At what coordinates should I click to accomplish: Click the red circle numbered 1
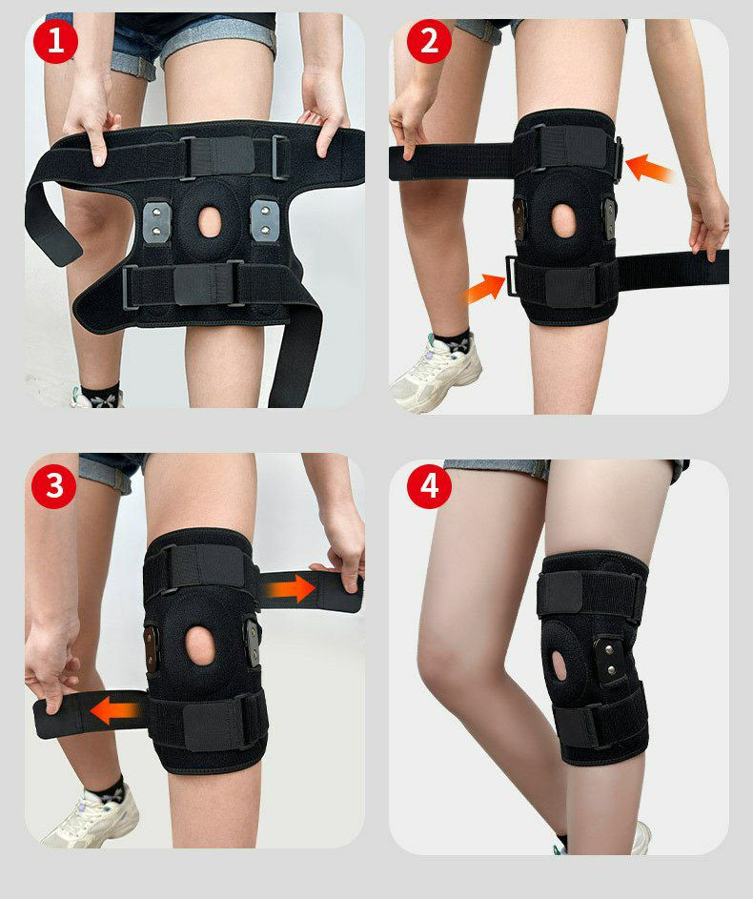tap(55, 41)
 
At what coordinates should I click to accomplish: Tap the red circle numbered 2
tap(429, 41)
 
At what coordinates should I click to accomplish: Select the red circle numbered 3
tap(54, 486)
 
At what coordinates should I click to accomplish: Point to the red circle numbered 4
tap(429, 486)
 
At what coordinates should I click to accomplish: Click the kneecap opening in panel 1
tap(210, 221)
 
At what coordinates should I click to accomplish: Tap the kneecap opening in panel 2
tap(563, 220)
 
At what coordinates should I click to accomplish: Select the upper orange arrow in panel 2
tap(649, 168)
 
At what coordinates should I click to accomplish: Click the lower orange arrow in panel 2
tap(484, 289)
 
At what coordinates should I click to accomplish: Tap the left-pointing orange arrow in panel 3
tap(115, 711)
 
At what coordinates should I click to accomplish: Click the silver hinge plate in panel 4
tap(611, 657)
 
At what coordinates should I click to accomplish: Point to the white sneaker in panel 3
tap(92, 818)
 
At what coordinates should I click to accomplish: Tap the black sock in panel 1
tap(101, 395)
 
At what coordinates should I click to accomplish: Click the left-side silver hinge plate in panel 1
tap(157, 221)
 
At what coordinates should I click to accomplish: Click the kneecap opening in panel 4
tap(560, 665)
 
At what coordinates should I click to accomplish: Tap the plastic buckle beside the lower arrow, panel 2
tap(510, 276)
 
